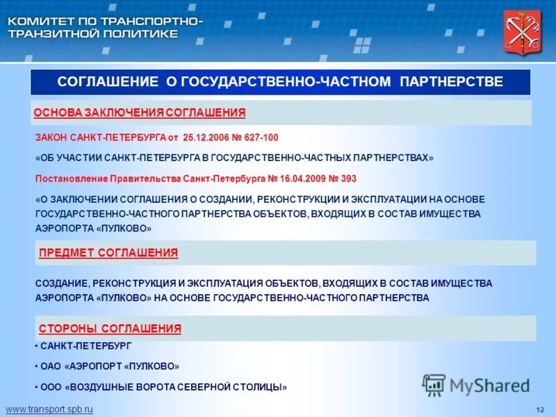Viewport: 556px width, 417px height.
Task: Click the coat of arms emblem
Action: click(x=522, y=33)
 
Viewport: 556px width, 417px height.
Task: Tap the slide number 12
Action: click(x=540, y=409)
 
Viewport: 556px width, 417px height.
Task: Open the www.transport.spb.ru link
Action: click(x=49, y=409)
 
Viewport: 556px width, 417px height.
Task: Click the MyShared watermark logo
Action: click(x=476, y=384)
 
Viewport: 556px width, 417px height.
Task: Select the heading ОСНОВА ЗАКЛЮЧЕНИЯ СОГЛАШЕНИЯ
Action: click(x=140, y=113)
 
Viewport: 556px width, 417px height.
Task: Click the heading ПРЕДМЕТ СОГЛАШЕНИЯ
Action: click(x=108, y=253)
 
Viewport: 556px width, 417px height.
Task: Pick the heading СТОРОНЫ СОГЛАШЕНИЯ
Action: click(x=110, y=328)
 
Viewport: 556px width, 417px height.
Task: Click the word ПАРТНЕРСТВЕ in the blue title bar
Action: click(x=451, y=82)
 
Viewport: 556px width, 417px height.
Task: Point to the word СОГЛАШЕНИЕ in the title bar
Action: click(x=108, y=82)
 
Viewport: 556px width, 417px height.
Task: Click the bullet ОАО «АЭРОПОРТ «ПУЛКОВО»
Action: click(x=110, y=366)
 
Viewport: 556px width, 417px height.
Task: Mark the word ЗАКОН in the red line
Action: click(x=50, y=138)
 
